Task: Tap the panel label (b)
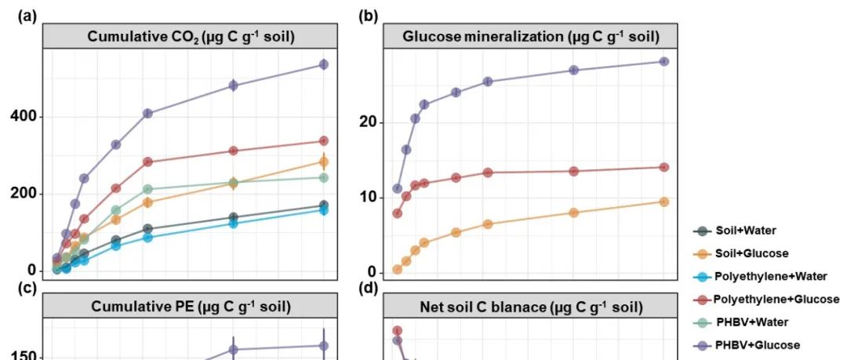pos(369,15)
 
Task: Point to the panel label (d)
pos(369,287)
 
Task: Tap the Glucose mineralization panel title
pos(530,36)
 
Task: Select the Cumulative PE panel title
pos(191,306)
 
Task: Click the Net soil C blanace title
pos(530,306)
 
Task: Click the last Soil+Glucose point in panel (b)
pos(664,202)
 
